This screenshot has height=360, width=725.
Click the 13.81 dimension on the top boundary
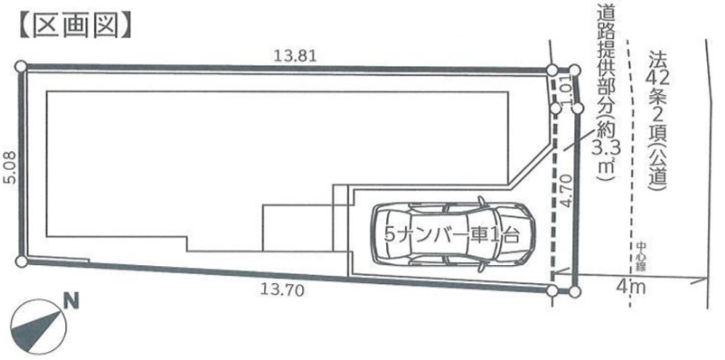295,56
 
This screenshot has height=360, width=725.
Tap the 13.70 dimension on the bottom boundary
282,290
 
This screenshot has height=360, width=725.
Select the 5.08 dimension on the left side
10,167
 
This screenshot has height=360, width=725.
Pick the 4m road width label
630,288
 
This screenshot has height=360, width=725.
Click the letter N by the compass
71,301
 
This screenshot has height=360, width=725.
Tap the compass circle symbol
39,327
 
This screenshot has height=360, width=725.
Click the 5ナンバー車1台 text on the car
452,234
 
